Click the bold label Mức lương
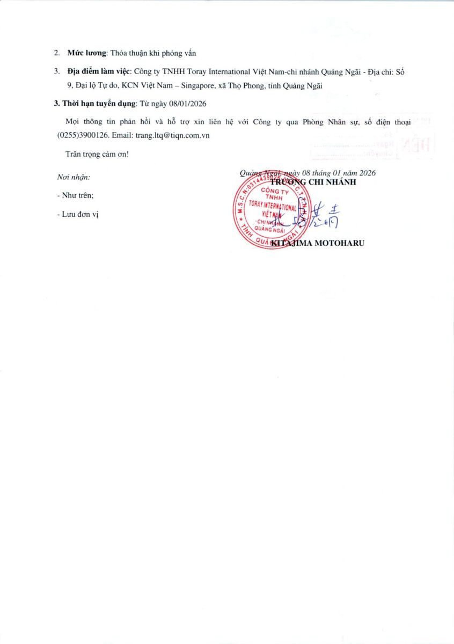point(87,53)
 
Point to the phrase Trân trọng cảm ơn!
point(97,154)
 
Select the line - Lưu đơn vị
point(78,214)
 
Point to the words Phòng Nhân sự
point(339,122)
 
